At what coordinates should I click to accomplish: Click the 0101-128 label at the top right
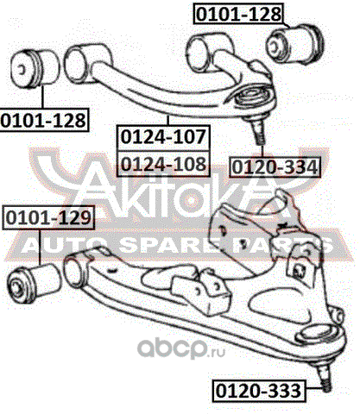click(239, 14)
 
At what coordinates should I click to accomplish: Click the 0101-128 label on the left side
click(44, 120)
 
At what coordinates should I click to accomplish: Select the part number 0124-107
click(163, 137)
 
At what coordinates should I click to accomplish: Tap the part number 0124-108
click(163, 164)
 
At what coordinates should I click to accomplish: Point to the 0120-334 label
click(275, 166)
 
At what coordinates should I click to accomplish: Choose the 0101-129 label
click(48, 217)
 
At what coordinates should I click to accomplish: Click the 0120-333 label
click(258, 391)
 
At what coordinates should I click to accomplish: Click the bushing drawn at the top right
click(295, 44)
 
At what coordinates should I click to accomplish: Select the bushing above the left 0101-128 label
click(35, 68)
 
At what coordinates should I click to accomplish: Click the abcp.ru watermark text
click(180, 348)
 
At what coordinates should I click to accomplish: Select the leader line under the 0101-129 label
click(40, 247)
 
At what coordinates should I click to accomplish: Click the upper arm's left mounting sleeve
click(75, 65)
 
